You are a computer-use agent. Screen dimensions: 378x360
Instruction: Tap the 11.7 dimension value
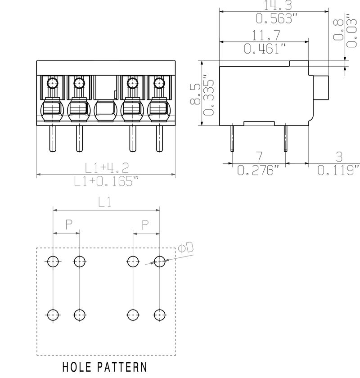[x=266, y=35]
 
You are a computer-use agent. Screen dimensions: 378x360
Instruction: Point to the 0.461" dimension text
[x=265, y=49]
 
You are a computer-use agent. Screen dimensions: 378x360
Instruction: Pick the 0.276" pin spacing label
[x=258, y=171]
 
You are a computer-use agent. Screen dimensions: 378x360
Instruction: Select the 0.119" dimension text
[x=338, y=171]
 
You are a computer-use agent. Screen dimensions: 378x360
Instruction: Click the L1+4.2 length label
[x=108, y=167]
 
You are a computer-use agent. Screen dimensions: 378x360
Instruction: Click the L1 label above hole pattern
[x=104, y=202]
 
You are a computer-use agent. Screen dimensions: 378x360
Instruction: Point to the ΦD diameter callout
[x=185, y=248]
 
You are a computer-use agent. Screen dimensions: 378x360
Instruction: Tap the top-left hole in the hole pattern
[x=53, y=261]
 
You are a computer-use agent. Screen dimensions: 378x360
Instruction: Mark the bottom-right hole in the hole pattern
[x=159, y=315]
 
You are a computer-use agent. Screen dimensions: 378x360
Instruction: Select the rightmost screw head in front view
[x=158, y=83]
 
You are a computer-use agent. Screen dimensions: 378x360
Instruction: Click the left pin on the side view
[x=231, y=137]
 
